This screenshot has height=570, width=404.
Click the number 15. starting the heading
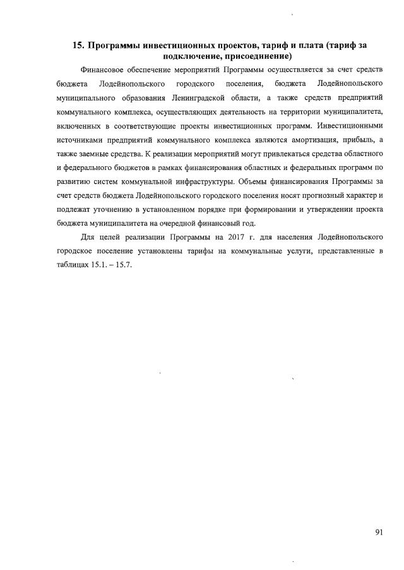pyautogui.click(x=79, y=45)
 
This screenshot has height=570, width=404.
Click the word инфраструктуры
pyautogui.click(x=204, y=181)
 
